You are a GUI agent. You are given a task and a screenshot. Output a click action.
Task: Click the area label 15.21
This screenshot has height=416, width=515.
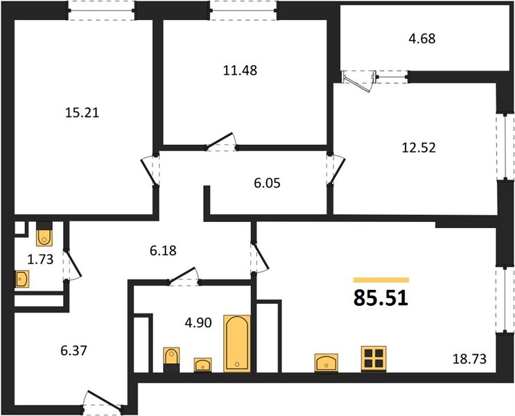pos(82,113)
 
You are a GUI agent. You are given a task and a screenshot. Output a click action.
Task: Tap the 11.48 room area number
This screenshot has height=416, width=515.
pos(240,70)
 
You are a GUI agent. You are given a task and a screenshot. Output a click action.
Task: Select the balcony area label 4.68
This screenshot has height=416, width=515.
pos(422,38)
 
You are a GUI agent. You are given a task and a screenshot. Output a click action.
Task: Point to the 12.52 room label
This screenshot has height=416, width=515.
pos(419,148)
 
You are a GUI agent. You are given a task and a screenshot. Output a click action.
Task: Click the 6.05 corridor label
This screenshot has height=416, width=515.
pos(267,183)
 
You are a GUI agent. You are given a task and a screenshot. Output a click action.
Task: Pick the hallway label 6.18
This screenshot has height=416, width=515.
pos(163,251)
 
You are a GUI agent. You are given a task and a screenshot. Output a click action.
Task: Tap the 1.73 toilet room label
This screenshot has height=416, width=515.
pos(40,259)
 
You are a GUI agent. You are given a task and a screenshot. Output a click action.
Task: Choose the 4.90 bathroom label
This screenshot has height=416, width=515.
pos(198,322)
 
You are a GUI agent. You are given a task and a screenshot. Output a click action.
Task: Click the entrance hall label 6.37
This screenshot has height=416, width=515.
pos(73,351)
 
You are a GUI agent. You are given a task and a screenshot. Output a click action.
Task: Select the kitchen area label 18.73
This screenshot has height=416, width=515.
pos(469,359)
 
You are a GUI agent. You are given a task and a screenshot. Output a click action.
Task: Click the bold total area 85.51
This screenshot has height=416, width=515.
pos(381,298)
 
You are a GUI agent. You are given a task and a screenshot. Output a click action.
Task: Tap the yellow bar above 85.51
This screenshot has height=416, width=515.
pos(381,280)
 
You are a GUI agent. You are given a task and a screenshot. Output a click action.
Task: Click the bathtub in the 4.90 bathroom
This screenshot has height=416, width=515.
pos(237,343)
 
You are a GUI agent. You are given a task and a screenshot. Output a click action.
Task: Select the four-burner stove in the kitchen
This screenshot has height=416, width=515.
pos(374,358)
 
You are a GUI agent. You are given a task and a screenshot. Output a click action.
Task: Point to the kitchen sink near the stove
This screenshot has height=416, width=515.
pos(326,363)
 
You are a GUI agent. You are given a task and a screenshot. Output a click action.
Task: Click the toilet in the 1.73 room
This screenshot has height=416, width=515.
pos(44,234)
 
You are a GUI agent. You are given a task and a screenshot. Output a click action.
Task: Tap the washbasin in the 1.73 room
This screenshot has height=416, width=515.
pos(22,279)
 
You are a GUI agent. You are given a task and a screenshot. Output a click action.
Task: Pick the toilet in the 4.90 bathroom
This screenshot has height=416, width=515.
pos(171,359)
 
